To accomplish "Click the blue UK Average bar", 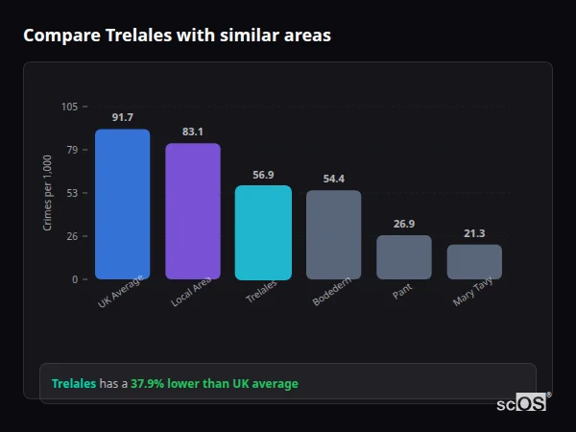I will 122,204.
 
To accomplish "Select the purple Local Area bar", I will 193,211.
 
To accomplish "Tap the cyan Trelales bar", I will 263,232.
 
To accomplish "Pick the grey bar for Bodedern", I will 334,235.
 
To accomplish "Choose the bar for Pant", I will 404,257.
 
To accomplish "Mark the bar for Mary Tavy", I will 474,262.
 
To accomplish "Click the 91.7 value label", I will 122,118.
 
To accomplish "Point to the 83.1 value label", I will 193,132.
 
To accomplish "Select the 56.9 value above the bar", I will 263,175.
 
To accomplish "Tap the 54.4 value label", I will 334,179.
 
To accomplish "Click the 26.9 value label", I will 404,224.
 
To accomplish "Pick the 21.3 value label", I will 474,233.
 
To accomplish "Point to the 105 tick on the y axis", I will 69,107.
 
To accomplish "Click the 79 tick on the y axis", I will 72,150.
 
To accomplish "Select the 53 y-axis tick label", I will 72,193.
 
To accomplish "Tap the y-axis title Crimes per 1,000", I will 48,192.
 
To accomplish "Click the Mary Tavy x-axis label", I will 473,293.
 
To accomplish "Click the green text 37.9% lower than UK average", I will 214,384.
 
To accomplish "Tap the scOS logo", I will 522,403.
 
